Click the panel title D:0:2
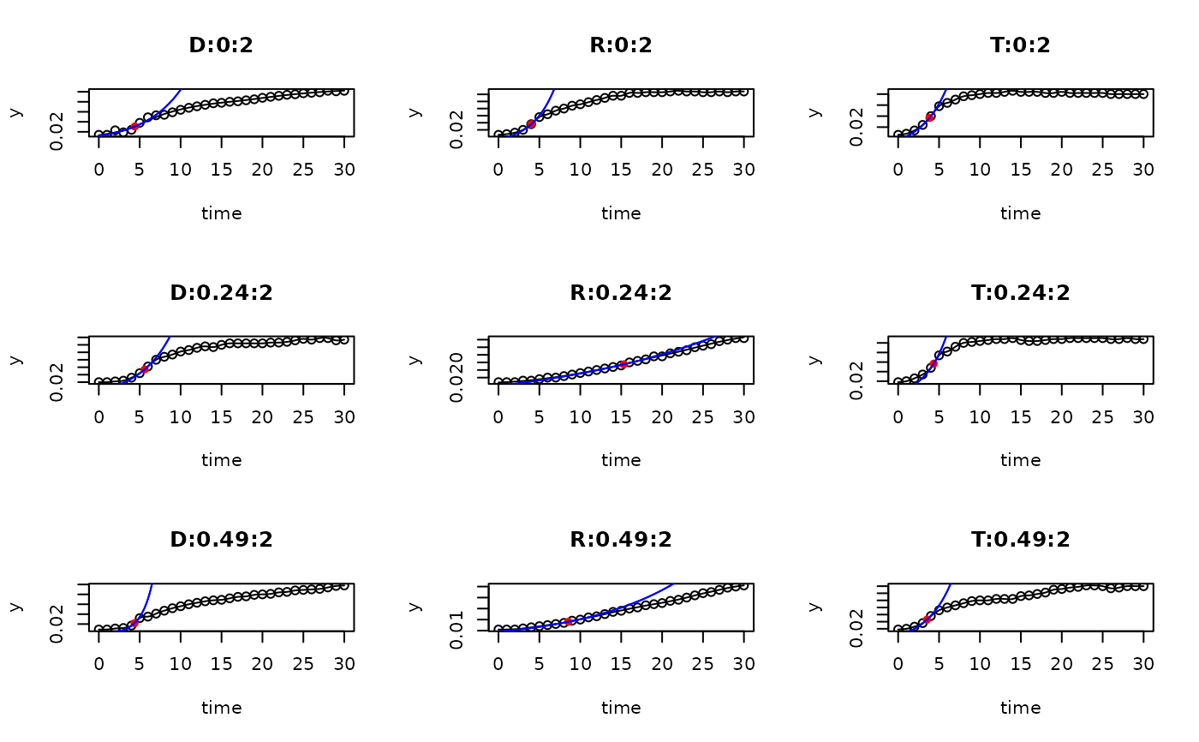[x=221, y=46]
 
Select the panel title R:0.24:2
[x=621, y=293]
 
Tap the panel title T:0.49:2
[x=1020, y=540]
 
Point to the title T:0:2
[x=1020, y=46]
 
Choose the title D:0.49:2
[x=221, y=540]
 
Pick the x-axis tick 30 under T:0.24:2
[x=1143, y=416]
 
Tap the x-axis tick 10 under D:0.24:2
[x=181, y=416]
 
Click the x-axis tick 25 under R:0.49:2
[x=703, y=663]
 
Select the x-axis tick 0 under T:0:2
[x=898, y=170]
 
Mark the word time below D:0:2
[x=221, y=213]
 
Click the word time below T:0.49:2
[x=1020, y=708]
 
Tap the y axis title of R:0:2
[x=415, y=112]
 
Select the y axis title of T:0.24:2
[x=814, y=359]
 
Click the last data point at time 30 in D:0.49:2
[x=344, y=585]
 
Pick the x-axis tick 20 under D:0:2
[x=262, y=170]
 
